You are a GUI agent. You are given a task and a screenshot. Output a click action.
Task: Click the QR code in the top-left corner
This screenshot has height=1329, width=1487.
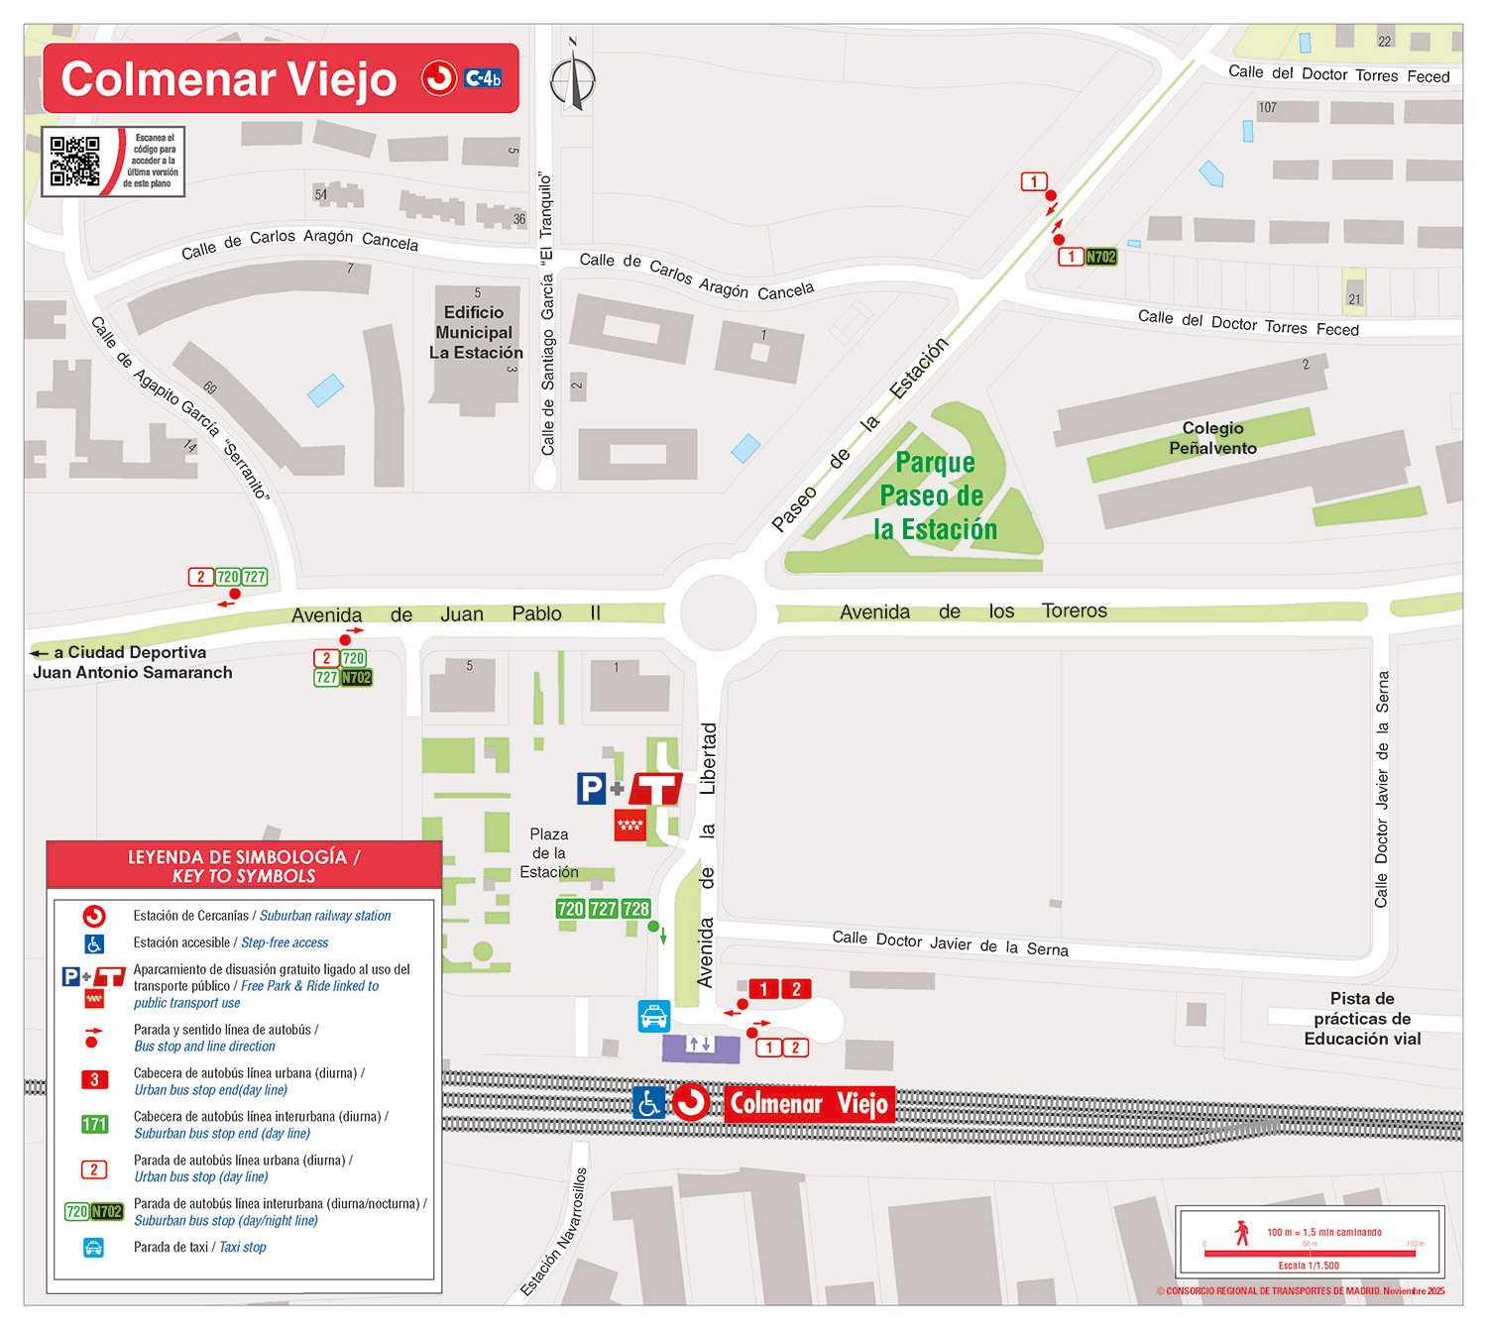[x=75, y=162]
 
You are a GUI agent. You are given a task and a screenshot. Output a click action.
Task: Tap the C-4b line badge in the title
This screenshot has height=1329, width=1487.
[x=483, y=78]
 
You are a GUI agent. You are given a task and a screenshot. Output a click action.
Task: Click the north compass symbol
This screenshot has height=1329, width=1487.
[x=573, y=79]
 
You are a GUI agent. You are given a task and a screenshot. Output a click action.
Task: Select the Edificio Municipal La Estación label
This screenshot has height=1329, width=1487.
[x=475, y=333]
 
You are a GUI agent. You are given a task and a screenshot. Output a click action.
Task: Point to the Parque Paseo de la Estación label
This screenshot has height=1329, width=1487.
[x=934, y=496]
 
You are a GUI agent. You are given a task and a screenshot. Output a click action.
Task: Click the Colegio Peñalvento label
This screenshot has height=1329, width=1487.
[x=1212, y=438]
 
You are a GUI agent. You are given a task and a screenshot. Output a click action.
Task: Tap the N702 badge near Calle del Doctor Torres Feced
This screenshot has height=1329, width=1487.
[x=1100, y=257]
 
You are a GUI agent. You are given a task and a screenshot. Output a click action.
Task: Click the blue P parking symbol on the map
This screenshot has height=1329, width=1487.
[x=591, y=788]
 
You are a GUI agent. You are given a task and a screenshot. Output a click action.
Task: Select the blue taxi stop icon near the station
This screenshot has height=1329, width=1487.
[x=654, y=1016]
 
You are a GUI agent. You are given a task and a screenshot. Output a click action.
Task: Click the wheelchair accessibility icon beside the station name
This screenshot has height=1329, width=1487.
[x=649, y=1103]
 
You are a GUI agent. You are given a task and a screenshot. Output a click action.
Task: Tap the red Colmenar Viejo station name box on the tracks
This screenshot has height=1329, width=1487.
[x=809, y=1103]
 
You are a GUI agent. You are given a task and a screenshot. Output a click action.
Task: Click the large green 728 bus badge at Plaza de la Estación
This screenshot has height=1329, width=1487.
[x=635, y=909]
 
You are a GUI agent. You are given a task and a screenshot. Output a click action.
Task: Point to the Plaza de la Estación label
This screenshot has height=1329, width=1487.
[x=548, y=853]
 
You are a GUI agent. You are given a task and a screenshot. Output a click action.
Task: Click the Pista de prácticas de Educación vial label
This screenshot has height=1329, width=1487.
[x=1362, y=1019]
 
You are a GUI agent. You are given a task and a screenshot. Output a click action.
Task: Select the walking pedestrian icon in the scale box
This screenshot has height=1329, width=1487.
[x=1242, y=1233]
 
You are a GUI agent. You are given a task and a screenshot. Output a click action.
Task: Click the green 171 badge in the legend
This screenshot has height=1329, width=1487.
[x=94, y=1125]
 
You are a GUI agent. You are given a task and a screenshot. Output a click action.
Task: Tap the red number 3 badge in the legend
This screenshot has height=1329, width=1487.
[x=94, y=1080]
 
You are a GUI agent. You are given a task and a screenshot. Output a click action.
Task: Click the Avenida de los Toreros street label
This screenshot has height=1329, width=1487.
[x=972, y=611]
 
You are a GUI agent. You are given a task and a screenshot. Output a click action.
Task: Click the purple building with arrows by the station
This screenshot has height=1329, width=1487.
[x=701, y=1047]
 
